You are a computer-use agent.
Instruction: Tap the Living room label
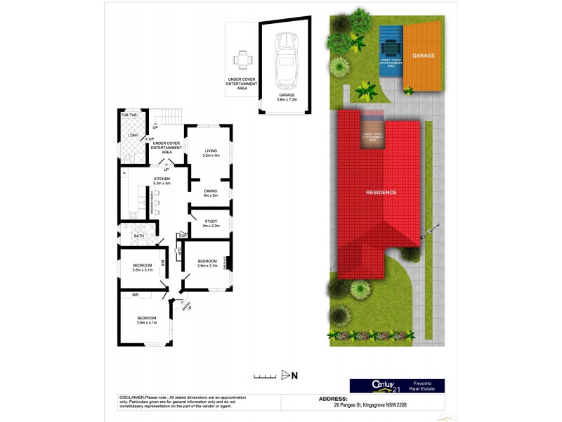pyautogui.click(x=211, y=151)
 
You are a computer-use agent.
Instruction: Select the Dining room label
pyautogui.click(x=211, y=191)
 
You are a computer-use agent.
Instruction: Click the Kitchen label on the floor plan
pyautogui.click(x=162, y=179)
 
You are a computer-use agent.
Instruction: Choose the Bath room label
pyautogui.click(x=139, y=236)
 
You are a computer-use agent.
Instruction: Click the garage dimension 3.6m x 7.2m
pyautogui.click(x=285, y=101)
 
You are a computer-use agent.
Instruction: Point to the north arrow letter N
pyautogui.click(x=294, y=375)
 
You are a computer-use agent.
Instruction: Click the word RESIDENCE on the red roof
pyautogui.click(x=381, y=192)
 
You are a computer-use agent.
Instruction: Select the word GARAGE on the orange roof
pyautogui.click(x=424, y=56)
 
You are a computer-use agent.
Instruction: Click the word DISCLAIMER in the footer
pyautogui.click(x=131, y=397)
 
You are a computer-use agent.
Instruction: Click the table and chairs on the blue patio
pyautogui.click(x=391, y=49)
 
